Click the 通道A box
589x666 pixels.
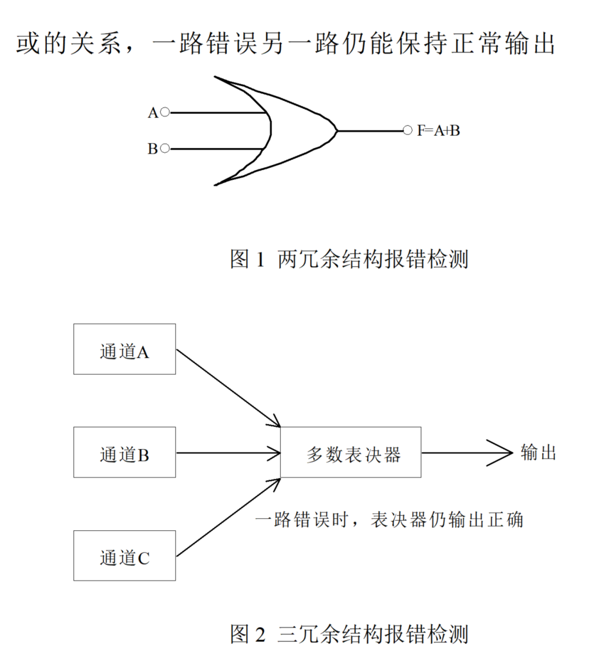point(124,349)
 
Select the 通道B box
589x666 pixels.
point(124,452)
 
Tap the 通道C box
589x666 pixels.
point(124,555)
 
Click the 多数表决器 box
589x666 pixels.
point(351,452)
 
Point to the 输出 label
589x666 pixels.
point(538,452)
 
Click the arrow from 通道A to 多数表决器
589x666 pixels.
point(228,387)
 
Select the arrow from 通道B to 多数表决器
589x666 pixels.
point(228,453)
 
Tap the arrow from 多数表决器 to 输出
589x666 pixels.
point(466,453)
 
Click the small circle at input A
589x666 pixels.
point(165,112)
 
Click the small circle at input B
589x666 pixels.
point(165,148)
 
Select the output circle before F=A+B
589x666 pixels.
point(407,130)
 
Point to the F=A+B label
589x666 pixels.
point(438,131)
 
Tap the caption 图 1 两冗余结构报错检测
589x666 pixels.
point(349,259)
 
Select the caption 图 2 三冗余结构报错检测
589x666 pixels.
point(349,634)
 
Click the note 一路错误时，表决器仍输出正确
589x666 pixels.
point(389,520)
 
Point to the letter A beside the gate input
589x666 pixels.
point(153,113)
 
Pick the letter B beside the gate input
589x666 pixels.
point(153,149)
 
